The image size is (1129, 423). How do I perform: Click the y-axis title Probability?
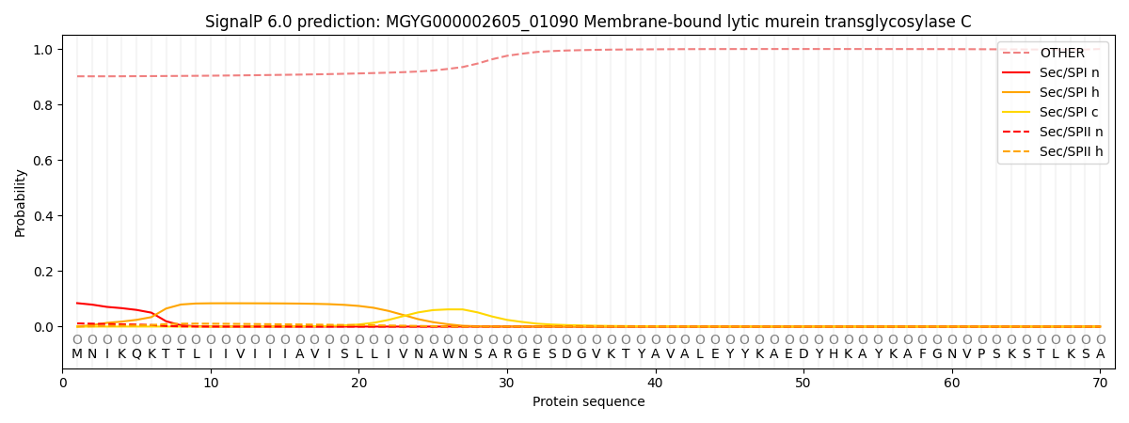click(x=21, y=202)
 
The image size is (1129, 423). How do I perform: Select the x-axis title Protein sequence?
click(x=588, y=402)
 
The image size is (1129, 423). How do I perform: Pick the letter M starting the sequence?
click(x=77, y=354)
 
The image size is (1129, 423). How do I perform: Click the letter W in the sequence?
click(x=448, y=354)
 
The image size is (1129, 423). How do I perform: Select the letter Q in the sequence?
click(x=136, y=354)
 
